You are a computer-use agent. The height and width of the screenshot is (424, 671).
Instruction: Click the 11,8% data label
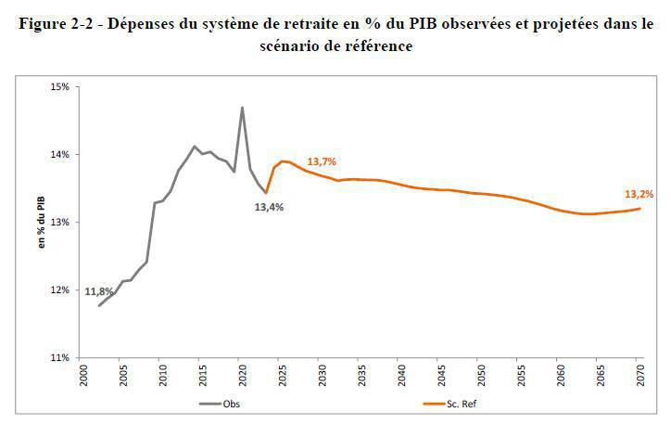click(x=98, y=291)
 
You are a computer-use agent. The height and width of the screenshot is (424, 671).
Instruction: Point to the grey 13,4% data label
click(x=269, y=207)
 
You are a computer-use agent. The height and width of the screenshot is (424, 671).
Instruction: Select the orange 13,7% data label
click(x=321, y=161)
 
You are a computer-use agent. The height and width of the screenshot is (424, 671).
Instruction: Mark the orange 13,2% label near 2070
click(x=639, y=194)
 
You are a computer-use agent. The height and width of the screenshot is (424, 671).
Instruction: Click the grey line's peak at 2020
click(x=242, y=108)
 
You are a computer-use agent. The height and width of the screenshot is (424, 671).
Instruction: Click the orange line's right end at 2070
click(x=639, y=209)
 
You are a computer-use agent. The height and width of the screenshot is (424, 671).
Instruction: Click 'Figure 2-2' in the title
click(x=57, y=26)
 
